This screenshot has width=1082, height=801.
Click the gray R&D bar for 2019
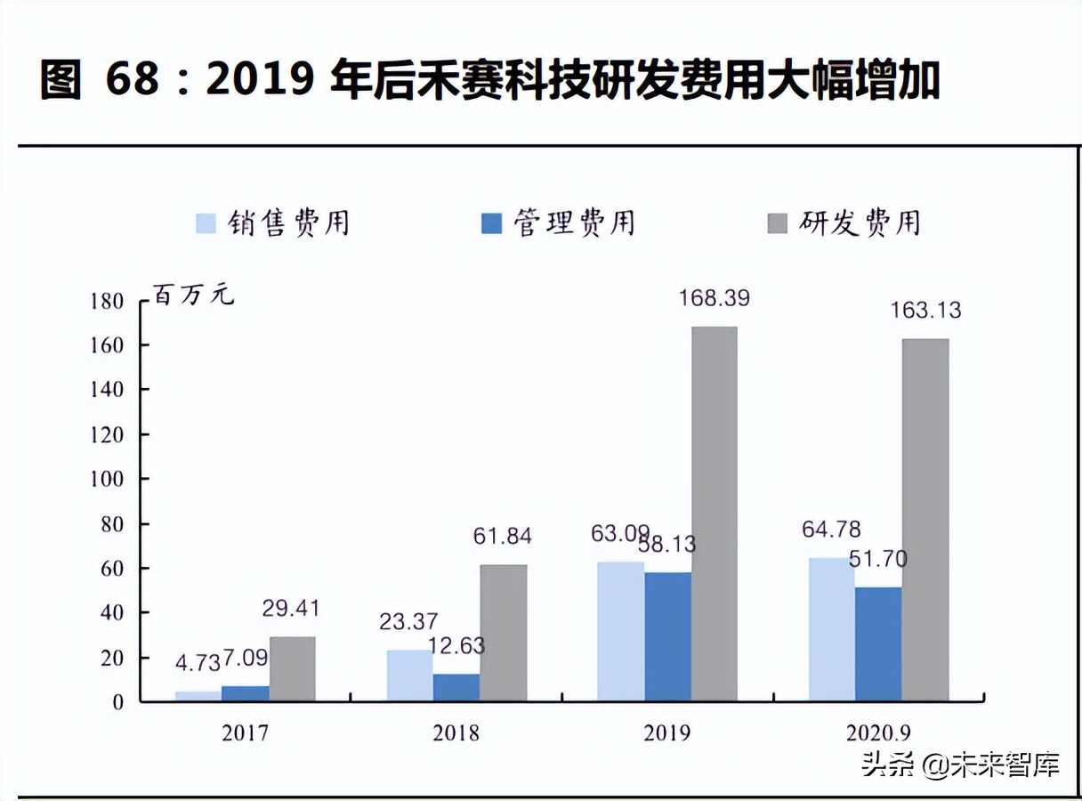[x=714, y=514]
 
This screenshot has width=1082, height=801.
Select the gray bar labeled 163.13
[x=925, y=520]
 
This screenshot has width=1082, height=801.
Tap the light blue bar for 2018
[x=409, y=676]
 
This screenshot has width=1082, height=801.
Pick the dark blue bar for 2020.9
[x=877, y=643]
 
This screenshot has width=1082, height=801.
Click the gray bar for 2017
[x=292, y=668]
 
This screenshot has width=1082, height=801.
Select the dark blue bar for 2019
[x=667, y=636]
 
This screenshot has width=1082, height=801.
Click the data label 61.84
[x=503, y=536]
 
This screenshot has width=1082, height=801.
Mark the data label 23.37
[x=409, y=621]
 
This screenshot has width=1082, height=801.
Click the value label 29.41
[x=291, y=609]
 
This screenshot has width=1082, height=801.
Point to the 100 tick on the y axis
[x=106, y=479]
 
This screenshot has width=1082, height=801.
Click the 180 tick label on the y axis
[x=106, y=301]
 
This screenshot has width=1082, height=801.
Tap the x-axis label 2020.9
[x=879, y=732]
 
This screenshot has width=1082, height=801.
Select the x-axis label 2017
[x=245, y=732]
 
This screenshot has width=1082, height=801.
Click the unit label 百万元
[x=194, y=295]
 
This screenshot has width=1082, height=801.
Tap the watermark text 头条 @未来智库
[x=961, y=765]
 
